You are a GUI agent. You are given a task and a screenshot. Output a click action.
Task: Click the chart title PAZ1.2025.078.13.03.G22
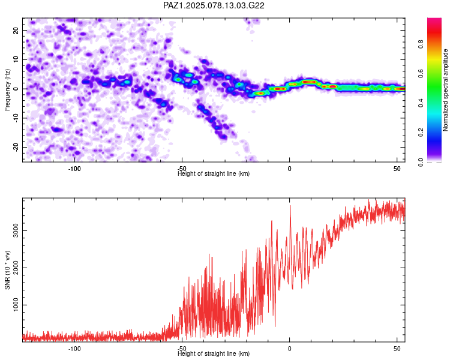[214, 5]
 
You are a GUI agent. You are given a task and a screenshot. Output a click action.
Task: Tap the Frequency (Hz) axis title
[7, 90]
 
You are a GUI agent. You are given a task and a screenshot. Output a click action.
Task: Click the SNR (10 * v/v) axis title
[7, 270]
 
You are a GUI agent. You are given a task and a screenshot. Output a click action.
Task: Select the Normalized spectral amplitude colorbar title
[445, 90]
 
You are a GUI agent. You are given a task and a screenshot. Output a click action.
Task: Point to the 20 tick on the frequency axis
[16, 30]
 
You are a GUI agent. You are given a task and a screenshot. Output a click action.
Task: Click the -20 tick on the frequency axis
[16, 147]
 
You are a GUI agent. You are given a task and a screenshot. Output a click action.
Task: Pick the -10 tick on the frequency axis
[16, 118]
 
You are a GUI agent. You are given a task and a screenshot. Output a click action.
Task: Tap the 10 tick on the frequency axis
[16, 59]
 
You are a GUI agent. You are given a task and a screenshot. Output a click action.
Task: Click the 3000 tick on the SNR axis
[16, 230]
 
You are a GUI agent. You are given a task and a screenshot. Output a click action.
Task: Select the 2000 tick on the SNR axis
[16, 268]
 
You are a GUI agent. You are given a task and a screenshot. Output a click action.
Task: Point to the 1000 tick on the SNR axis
[16, 305]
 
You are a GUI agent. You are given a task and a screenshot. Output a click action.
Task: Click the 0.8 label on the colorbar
[421, 44]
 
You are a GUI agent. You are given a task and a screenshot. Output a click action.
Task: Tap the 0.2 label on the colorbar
[421, 133]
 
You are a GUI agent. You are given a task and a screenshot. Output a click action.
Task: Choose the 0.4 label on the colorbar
[421, 103]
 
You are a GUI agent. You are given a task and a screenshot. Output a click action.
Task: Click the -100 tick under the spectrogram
[74, 169]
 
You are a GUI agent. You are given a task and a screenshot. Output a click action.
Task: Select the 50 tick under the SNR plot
[397, 349]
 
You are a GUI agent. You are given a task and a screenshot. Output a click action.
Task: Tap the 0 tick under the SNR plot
[290, 349]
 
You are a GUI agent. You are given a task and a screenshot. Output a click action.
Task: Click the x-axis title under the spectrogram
[214, 173]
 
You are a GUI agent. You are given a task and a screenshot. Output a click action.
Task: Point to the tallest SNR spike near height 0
[290, 206]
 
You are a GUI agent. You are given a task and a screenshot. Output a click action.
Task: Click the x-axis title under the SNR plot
[214, 353]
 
